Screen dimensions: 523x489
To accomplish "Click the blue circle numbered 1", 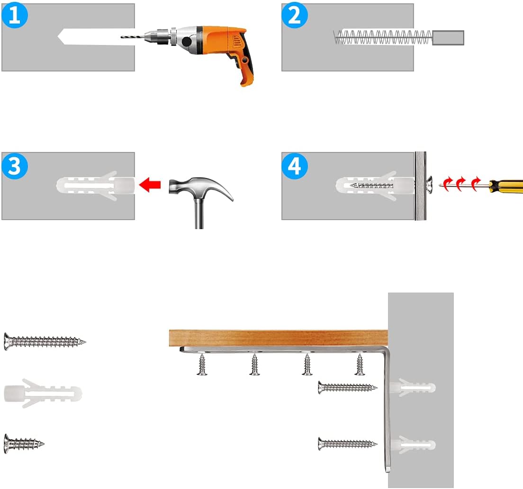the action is coord(14,15).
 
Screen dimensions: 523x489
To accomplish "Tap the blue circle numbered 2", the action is coord(294,15).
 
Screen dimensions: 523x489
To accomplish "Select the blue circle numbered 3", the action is coord(14,166).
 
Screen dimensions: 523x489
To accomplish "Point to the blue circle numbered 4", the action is coord(294,166).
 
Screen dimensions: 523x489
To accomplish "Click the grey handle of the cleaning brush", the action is coord(448,37).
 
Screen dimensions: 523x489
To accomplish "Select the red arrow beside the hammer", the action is coord(150,185).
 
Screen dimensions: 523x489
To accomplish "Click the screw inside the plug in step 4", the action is coord(372,186).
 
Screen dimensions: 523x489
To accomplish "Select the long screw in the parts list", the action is coord(45,341).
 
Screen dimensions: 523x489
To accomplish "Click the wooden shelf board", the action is coord(279,338).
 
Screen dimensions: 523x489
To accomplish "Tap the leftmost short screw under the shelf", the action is coord(202,365).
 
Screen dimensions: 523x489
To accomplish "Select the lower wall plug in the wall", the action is coord(413,445).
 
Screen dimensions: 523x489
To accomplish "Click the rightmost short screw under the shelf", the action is coord(360,365).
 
